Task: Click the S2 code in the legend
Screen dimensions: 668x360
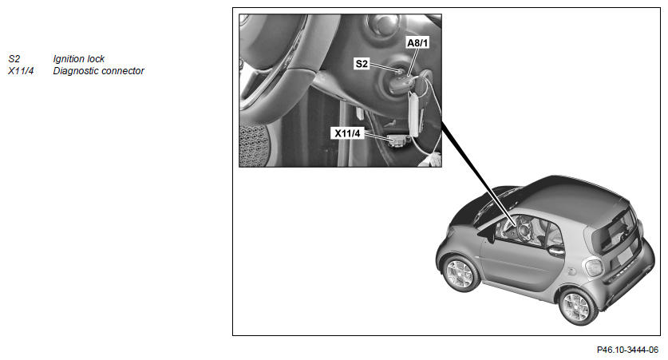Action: (x=14, y=59)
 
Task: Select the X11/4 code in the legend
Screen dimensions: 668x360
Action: (x=21, y=71)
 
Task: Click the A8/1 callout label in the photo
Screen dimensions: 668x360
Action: (x=417, y=42)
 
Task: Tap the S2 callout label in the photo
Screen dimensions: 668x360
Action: (x=362, y=64)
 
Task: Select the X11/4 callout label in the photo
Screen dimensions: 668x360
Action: (x=347, y=133)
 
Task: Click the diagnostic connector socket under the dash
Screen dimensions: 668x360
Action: (x=398, y=140)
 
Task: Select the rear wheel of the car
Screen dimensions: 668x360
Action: (x=578, y=306)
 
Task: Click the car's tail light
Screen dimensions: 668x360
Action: (x=593, y=267)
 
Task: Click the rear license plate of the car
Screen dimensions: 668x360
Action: (x=626, y=255)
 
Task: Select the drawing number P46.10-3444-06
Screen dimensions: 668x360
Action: (x=627, y=350)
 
